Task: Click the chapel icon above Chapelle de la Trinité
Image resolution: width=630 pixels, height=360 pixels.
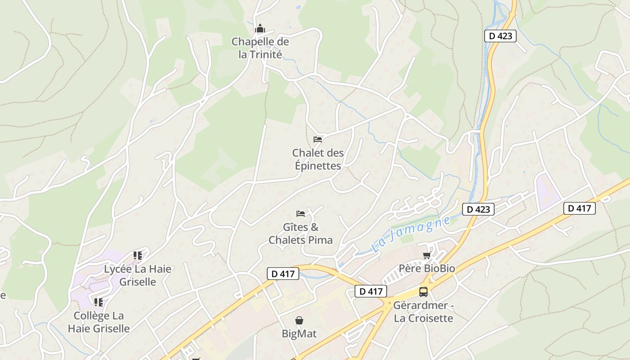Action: tap(260, 29)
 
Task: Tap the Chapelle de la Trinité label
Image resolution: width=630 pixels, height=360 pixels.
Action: tap(260, 48)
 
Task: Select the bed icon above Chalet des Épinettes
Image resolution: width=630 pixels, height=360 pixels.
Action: tap(318, 139)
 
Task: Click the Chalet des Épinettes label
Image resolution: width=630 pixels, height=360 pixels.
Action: tap(318, 159)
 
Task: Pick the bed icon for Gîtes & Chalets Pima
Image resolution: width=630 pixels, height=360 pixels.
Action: tap(301, 213)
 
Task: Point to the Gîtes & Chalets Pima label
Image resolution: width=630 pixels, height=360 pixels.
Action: tap(301, 234)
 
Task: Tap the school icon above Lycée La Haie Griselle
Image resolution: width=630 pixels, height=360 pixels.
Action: tap(138, 256)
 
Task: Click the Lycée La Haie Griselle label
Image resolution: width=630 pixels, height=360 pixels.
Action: tap(138, 275)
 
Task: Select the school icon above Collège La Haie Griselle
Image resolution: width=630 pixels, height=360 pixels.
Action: tap(99, 302)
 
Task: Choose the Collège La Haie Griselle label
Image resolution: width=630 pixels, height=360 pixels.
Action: tap(99, 322)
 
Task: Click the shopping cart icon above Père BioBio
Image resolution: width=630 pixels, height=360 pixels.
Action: tap(427, 256)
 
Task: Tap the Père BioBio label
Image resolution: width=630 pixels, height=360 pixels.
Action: tap(427, 269)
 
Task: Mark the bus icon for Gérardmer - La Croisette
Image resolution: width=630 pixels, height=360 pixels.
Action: tap(423, 292)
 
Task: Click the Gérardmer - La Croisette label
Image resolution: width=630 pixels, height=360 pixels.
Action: tap(423, 312)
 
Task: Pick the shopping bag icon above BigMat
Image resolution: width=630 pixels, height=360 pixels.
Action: tap(299, 320)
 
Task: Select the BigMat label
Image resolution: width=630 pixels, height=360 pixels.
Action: tap(299, 334)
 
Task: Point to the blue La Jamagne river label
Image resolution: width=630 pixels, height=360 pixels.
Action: tap(411, 234)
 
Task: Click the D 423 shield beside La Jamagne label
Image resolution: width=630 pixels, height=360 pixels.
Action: tap(478, 209)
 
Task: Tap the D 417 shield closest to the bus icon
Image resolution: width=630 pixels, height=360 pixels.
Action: tap(370, 291)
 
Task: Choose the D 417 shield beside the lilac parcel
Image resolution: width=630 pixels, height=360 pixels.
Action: tap(580, 208)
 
